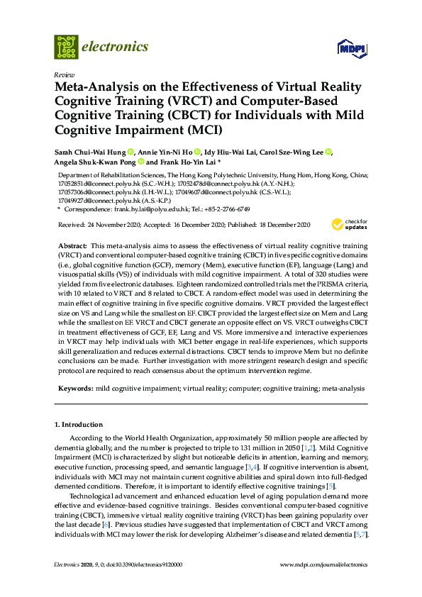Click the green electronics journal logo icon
[x=66, y=47]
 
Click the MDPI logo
[x=348, y=48]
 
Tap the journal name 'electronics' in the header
[x=116, y=47]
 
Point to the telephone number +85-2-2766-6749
[x=226, y=210]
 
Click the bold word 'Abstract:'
[x=72, y=244]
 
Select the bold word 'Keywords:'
[x=73, y=389]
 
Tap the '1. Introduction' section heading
[x=78, y=425]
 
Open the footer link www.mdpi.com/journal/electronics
[x=324, y=564]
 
